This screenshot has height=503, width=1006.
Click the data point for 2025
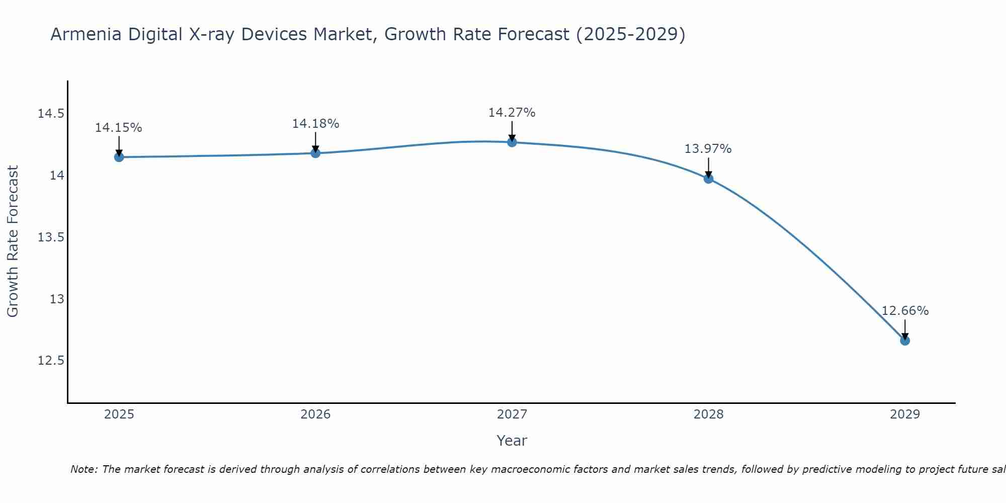coord(119,157)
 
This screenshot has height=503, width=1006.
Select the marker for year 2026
coord(315,153)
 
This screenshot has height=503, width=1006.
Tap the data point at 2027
coord(512,142)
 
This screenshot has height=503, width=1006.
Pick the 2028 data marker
coord(708,179)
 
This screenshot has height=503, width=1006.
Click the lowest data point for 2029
coord(905,341)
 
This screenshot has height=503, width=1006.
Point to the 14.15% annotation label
coord(119,128)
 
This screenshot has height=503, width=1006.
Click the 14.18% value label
coord(315,124)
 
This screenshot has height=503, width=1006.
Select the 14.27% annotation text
coord(512,113)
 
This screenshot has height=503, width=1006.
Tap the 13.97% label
coord(708,149)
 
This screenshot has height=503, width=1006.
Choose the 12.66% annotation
coord(905,311)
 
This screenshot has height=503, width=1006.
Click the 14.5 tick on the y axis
coord(51,114)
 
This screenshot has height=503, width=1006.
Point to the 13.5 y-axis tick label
coord(51,237)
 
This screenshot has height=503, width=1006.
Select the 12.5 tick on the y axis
coord(51,361)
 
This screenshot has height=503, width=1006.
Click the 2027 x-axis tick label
coord(512,414)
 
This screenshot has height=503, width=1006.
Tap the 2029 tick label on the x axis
coord(905,414)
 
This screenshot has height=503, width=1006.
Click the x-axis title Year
coord(512,441)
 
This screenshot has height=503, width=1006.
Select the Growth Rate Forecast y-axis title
coord(13,241)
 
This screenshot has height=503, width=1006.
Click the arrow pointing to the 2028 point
coord(708,168)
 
